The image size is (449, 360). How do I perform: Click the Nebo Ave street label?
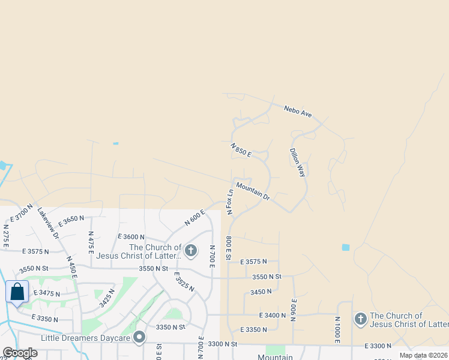pyautogui.click(x=298, y=111)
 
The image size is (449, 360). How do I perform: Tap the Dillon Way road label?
pyautogui.click(x=298, y=162)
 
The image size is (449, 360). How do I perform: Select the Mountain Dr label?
pyautogui.click(x=253, y=190)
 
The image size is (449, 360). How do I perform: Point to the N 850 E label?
pyautogui.click(x=241, y=150)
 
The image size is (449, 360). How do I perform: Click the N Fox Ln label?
pyautogui.click(x=229, y=202)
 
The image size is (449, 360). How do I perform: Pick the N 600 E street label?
pyautogui.click(x=195, y=217)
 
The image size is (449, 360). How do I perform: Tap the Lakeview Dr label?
pyautogui.click(x=48, y=223)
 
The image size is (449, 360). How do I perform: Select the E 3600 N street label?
pyautogui.click(x=131, y=237)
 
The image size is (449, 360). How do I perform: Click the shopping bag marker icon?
pyautogui.click(x=17, y=292)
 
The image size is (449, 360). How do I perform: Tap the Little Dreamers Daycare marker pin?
pyautogui.click(x=139, y=338)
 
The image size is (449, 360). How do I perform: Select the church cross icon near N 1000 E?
pyautogui.click(x=360, y=319)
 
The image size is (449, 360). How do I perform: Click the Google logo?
pyautogui.click(x=20, y=353)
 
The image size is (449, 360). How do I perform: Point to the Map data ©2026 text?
pyautogui.click(x=423, y=355)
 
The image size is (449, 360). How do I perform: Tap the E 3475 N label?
pyautogui.click(x=49, y=293)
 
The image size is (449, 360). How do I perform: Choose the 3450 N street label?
pyautogui.click(x=261, y=292)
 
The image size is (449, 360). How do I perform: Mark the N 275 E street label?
pyautogui.click(x=5, y=235)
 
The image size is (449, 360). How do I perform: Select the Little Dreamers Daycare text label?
pyautogui.click(x=86, y=338)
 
